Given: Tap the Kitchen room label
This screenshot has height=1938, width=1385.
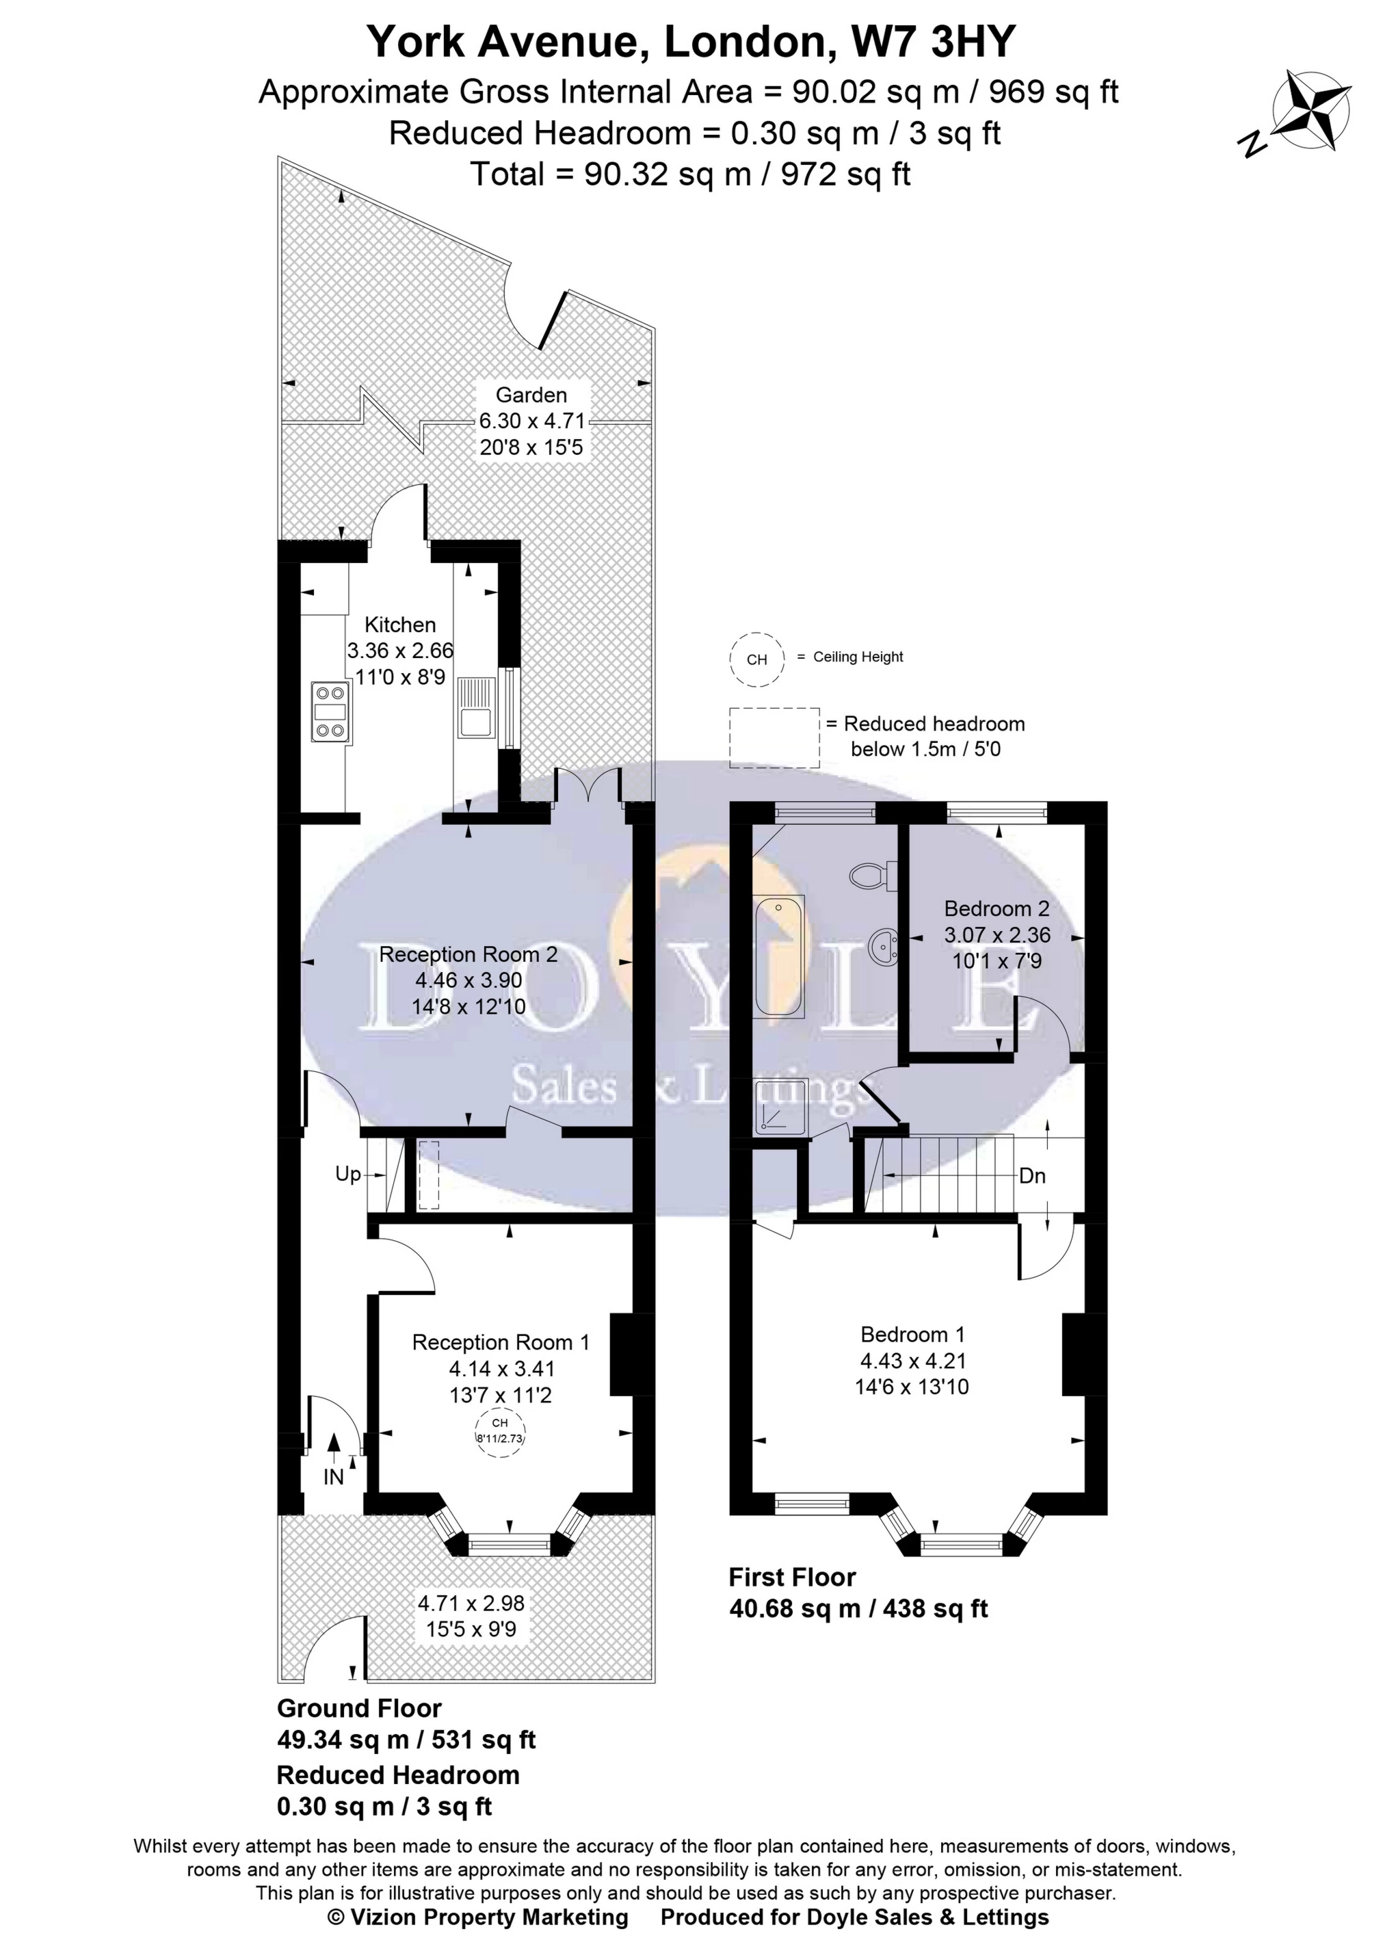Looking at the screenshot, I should (400, 625).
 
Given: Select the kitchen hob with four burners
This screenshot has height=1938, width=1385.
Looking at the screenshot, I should (331, 712).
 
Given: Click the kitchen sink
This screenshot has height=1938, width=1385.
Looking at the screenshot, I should (476, 707).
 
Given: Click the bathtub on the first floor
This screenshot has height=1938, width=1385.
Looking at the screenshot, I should (778, 956).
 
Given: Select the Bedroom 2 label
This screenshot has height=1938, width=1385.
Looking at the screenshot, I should (996, 908).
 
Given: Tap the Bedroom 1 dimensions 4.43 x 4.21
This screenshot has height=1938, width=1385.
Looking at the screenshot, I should (912, 1361).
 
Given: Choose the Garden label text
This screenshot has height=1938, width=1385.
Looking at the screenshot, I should (531, 395).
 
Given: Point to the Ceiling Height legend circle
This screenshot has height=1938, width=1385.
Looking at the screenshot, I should (756, 659).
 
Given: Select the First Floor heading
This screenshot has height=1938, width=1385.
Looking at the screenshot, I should (792, 1577).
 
